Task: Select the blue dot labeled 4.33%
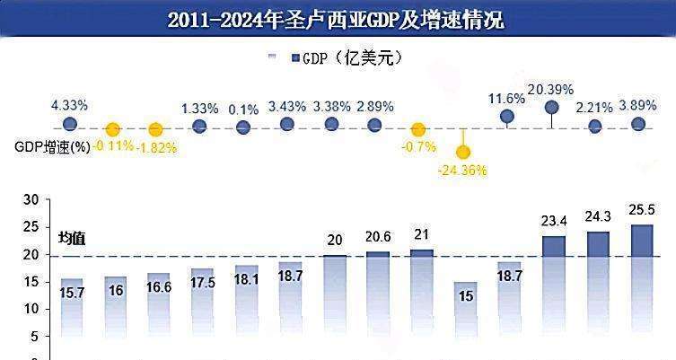(x=69, y=125)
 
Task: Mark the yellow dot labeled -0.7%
(x=418, y=129)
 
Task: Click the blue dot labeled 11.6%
(x=506, y=117)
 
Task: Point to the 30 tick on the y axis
(x=31, y=200)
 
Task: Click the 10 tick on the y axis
(x=31, y=309)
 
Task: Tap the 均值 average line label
(x=71, y=238)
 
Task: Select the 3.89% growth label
(x=638, y=106)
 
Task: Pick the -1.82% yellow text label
(x=156, y=147)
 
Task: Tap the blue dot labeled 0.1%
(x=242, y=127)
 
